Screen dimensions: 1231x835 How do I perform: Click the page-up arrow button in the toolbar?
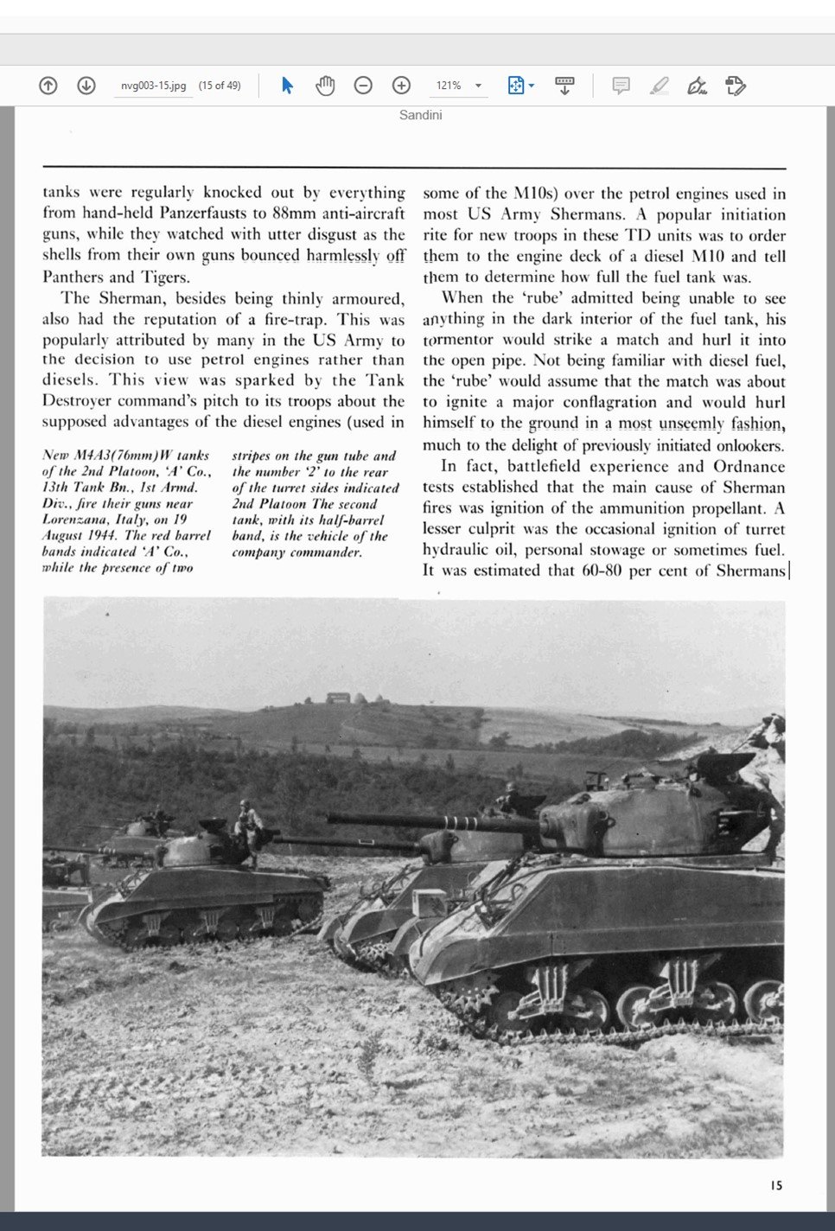click(x=48, y=86)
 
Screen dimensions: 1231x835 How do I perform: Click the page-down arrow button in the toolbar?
click(x=86, y=86)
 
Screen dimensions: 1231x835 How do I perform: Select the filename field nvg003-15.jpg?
click(x=153, y=86)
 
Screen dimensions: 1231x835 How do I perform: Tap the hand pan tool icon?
click(x=325, y=86)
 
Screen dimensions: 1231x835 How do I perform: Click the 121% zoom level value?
click(x=448, y=86)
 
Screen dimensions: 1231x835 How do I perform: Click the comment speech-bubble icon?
click(x=621, y=86)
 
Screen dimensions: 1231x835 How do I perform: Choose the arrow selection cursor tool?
click(x=288, y=86)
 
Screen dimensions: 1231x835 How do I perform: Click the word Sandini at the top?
click(x=420, y=115)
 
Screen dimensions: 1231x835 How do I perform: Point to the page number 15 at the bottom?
click(x=776, y=1185)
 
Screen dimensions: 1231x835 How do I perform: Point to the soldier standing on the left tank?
click(x=248, y=831)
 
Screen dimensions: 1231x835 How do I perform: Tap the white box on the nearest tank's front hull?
click(x=429, y=903)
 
